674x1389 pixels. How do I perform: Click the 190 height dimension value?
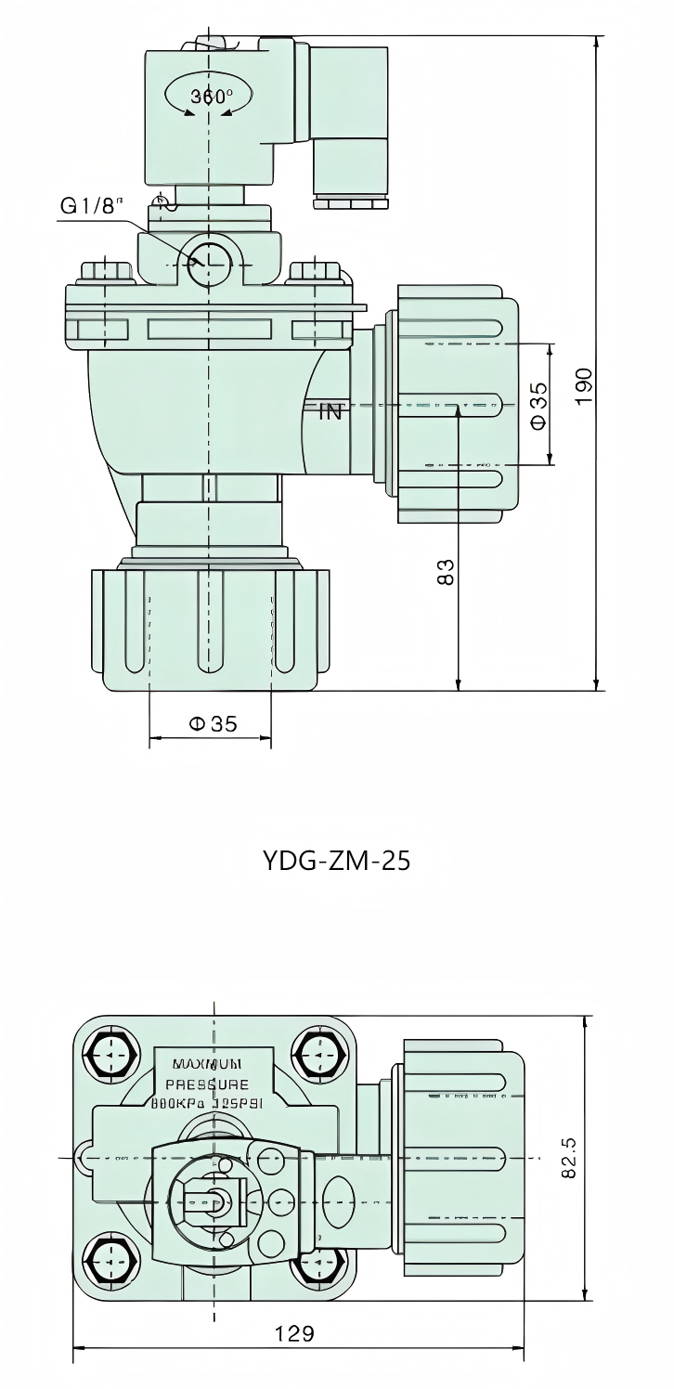point(583,385)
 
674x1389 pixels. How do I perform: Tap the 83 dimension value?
point(446,571)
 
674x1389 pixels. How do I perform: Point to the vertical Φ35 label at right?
point(538,407)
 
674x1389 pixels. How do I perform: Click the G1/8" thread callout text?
point(91,205)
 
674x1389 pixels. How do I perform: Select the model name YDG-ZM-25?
point(337,861)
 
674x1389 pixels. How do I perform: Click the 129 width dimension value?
point(294,1333)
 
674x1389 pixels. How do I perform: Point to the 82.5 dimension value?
point(570,1158)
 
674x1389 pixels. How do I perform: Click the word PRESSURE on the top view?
point(207,1084)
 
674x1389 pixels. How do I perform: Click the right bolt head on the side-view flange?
point(316,272)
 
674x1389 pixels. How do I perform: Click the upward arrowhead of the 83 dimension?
point(458,413)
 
